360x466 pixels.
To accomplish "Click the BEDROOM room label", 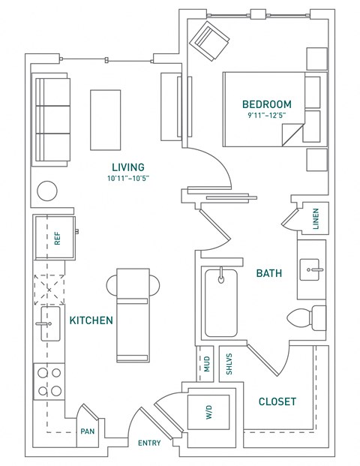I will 266,104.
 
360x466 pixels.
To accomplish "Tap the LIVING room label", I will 127,167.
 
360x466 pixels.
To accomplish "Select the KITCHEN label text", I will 91,320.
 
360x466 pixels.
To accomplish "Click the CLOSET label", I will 277,401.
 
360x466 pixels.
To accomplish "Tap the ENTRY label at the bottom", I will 149,443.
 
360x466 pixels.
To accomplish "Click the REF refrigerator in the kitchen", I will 56,238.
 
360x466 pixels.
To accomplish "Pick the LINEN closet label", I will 316,218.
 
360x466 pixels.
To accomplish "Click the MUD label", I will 206,365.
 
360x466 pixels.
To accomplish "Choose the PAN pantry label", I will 87,432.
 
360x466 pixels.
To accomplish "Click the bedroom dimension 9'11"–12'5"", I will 266,116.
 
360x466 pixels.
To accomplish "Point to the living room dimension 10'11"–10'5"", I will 127,179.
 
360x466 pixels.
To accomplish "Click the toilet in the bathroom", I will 310,317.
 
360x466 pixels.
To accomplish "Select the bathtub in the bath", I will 220,302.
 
